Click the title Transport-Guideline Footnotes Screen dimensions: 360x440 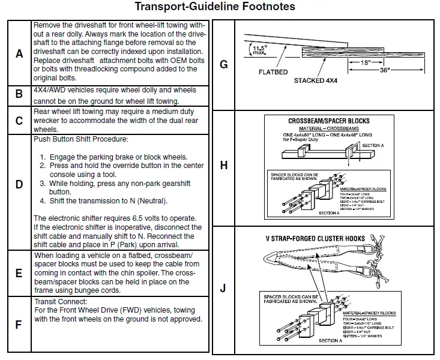(214, 7)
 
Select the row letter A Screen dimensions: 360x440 (19, 53)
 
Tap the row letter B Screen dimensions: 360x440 (19, 94)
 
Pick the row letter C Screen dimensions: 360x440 (19, 121)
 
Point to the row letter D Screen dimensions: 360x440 (19, 184)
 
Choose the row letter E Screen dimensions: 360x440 (19, 273)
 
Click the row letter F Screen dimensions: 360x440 (19, 324)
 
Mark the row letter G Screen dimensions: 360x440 (224, 64)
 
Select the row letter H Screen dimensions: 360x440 (224, 166)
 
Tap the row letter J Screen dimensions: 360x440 (224, 289)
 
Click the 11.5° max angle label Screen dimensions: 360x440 (259, 50)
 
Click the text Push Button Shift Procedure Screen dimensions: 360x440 (80, 140)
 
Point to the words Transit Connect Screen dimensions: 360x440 (61, 301)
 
